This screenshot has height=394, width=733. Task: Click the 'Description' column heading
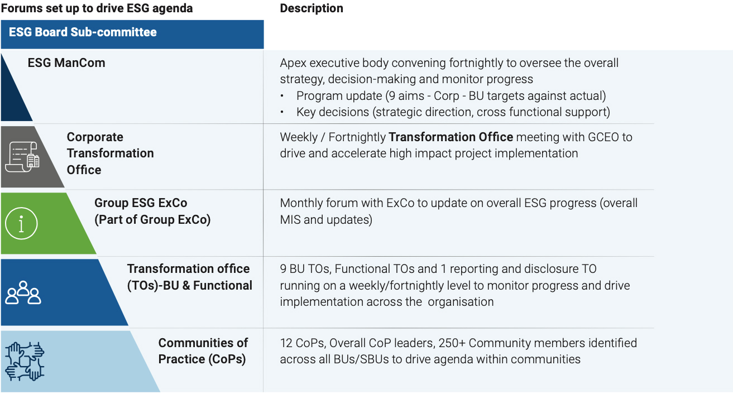[311, 8]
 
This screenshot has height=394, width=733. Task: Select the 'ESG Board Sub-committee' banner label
[83, 32]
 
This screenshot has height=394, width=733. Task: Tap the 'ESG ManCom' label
[66, 63]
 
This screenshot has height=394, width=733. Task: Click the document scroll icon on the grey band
[22, 157]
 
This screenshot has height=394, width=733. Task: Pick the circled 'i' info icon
[22, 223]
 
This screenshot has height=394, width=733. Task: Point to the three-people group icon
[23, 292]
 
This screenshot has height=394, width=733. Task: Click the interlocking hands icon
[25, 362]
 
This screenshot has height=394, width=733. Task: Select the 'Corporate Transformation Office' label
[111, 153]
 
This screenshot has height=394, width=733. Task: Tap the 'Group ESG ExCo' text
[141, 203]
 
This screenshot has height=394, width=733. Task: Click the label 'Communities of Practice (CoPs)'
[203, 351]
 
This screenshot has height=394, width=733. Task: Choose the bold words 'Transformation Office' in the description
[451, 137]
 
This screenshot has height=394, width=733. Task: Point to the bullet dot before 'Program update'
[282, 96]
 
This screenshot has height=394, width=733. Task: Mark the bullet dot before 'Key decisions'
[282, 112]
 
